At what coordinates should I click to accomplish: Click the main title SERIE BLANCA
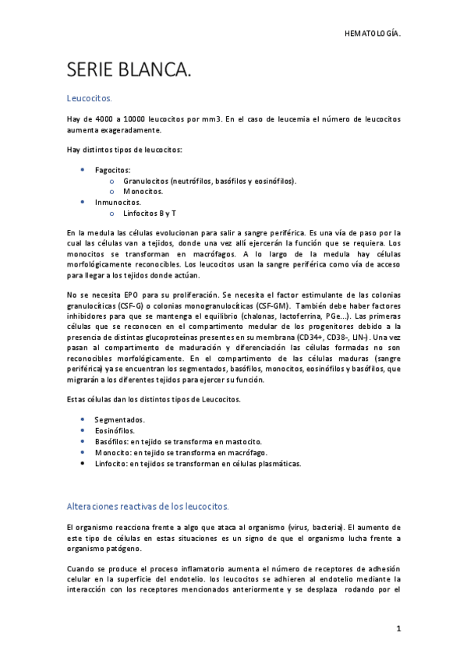(129, 72)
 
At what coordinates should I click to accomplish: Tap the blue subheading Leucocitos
(90, 99)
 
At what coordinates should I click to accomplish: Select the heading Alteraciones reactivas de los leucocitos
(147, 506)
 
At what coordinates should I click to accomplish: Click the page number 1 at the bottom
(398, 627)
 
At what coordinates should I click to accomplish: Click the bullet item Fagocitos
(112, 169)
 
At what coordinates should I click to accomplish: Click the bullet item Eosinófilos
(114, 430)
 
